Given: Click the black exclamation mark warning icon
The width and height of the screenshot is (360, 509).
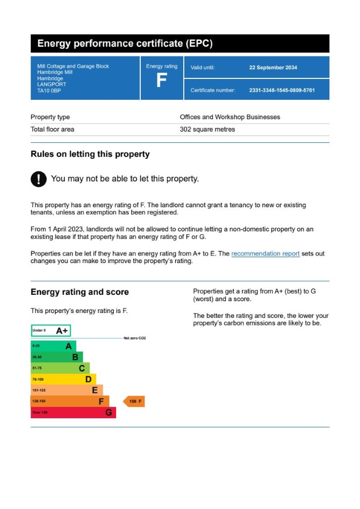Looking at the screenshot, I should [39, 179].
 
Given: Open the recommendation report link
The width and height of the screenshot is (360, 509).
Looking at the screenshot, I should [265, 253].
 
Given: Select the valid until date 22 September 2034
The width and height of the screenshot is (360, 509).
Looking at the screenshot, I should [273, 68].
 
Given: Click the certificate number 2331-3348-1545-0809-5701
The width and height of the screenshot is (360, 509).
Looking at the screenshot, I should [282, 90].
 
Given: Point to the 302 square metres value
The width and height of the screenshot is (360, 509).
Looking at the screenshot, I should [207, 129].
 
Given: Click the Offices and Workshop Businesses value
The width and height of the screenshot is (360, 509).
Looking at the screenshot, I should [229, 117].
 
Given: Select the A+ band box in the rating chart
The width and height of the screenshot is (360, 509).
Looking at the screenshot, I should [51, 331].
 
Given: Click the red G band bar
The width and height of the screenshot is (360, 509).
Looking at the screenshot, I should [73, 412].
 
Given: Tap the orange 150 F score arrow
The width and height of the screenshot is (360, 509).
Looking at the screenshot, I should [134, 401].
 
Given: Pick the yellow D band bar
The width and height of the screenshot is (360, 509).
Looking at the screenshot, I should [63, 379].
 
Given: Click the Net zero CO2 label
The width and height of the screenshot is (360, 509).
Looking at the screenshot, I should [134, 338].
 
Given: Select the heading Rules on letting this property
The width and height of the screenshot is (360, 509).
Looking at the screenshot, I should [90, 154].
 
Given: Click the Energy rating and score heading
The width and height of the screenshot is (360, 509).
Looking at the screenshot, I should [80, 292].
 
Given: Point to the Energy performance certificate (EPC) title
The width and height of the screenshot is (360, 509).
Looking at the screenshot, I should [125, 44].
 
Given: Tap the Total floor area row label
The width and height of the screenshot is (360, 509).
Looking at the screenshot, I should [52, 129].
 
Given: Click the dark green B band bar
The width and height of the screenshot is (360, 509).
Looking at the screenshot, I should [56, 357].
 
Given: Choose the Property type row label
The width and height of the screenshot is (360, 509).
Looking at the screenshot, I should [50, 117].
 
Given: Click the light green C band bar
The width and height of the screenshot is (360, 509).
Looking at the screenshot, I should [60, 368].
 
